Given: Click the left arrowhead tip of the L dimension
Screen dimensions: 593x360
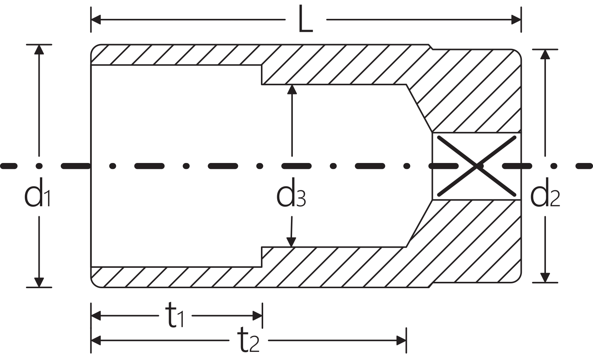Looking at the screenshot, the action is coord(91,20).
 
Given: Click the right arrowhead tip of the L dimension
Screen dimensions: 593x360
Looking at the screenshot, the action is coord(521,20).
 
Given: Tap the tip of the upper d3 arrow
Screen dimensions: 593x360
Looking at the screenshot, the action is coord(292,85).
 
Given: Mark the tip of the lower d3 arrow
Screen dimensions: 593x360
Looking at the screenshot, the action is coord(291,247).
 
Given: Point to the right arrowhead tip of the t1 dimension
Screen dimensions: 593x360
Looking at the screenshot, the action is coord(262,316).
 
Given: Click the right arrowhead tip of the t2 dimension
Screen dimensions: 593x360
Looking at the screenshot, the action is coord(406,340).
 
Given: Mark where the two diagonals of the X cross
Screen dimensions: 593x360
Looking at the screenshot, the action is coord(477,166).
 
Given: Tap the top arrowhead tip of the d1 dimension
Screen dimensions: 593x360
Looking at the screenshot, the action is coord(39,45).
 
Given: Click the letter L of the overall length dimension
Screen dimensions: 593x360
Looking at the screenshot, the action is coord(305,19).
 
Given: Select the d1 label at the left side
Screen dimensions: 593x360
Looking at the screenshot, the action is coord(37,192).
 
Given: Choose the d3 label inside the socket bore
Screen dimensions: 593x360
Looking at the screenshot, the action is coord(291,192).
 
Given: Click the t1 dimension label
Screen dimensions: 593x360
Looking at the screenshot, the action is coord(175,314).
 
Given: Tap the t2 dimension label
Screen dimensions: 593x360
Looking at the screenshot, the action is coord(248,339).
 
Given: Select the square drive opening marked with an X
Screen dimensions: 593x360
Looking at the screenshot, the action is coord(477,166).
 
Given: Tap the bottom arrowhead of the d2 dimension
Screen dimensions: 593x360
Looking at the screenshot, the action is coord(545,278).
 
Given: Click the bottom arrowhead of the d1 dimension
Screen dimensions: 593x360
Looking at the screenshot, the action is coord(39,283).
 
